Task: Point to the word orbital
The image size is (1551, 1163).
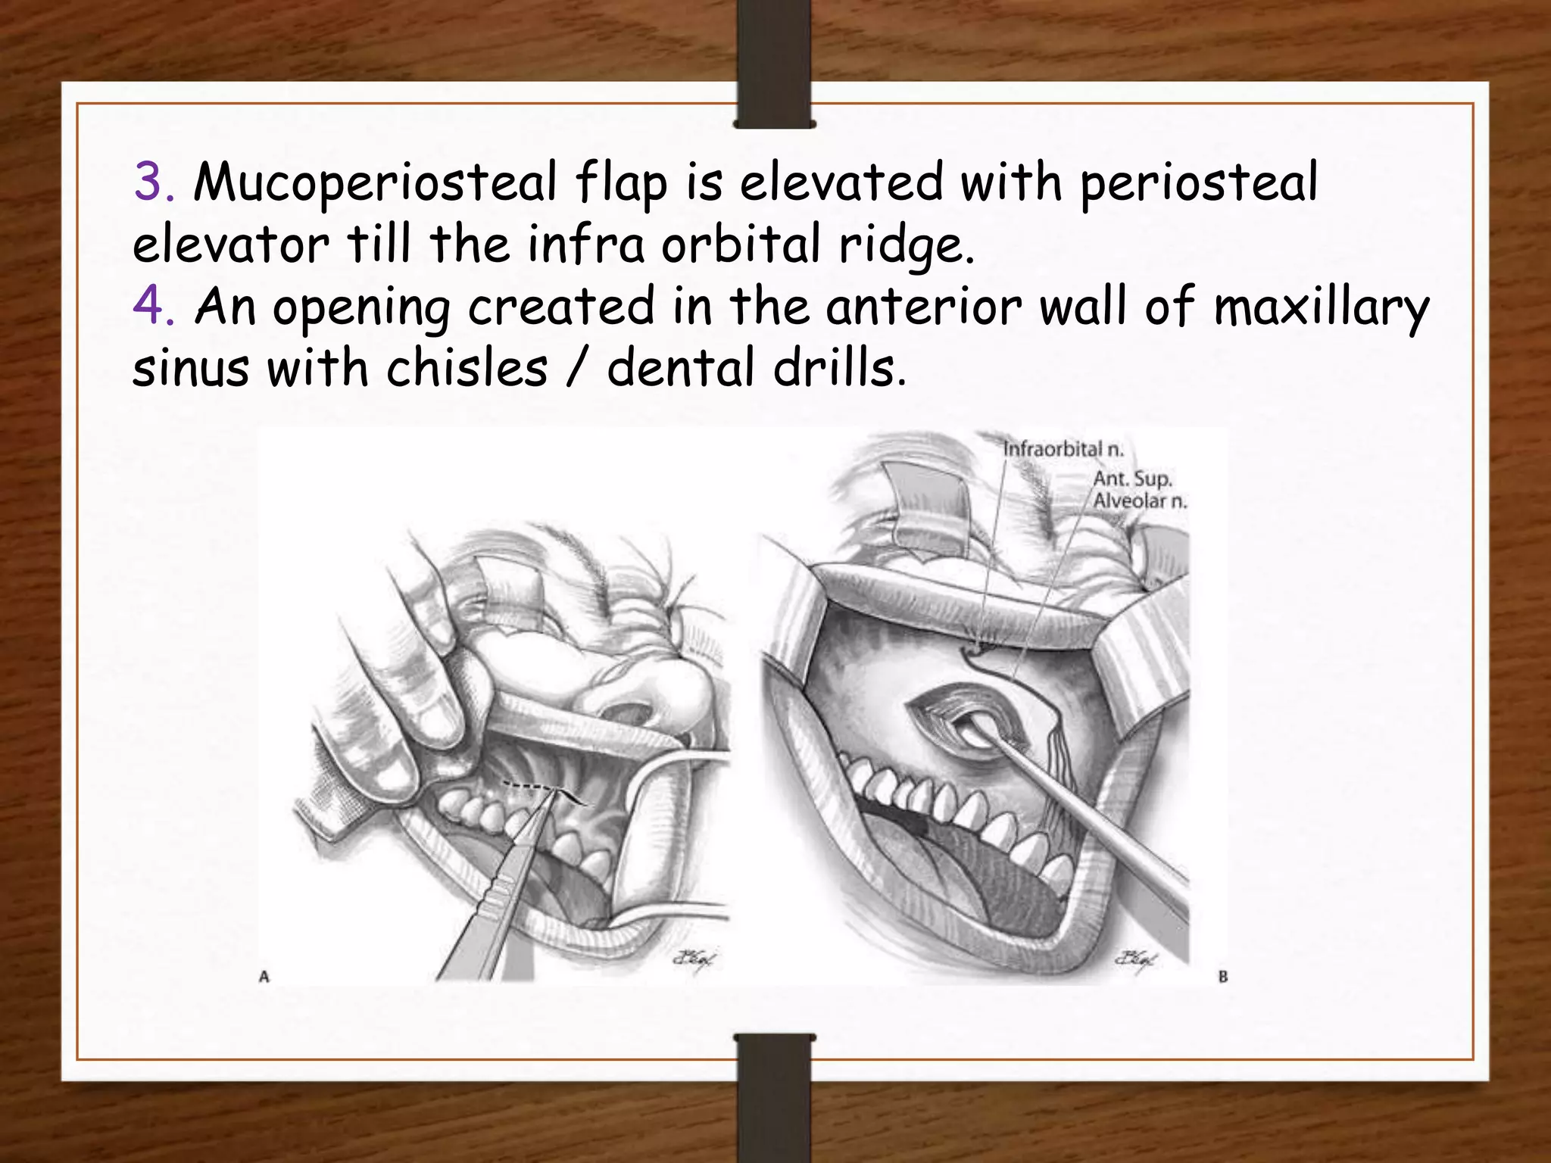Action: click(x=741, y=245)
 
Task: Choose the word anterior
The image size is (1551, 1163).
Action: click(x=923, y=307)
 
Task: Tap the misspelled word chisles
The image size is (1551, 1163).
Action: click(x=467, y=369)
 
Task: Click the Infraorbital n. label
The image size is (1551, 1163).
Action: click(x=1063, y=449)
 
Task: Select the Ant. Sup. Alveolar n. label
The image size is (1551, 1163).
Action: click(x=1139, y=489)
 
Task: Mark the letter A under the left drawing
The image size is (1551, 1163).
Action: click(x=264, y=977)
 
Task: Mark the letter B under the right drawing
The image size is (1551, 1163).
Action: click(x=1222, y=977)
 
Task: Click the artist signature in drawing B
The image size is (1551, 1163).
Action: click(x=1136, y=959)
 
